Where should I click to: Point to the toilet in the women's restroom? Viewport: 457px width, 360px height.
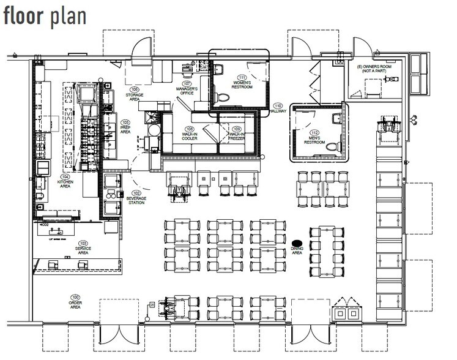tap(223, 97)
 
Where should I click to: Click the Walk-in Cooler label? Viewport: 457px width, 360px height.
tap(190, 137)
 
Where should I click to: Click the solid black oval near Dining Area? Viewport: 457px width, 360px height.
tap(298, 242)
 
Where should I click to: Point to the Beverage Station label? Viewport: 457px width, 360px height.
tap(136, 200)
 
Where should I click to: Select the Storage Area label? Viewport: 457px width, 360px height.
tap(135, 97)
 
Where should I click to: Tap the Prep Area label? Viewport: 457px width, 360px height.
tap(125, 129)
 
